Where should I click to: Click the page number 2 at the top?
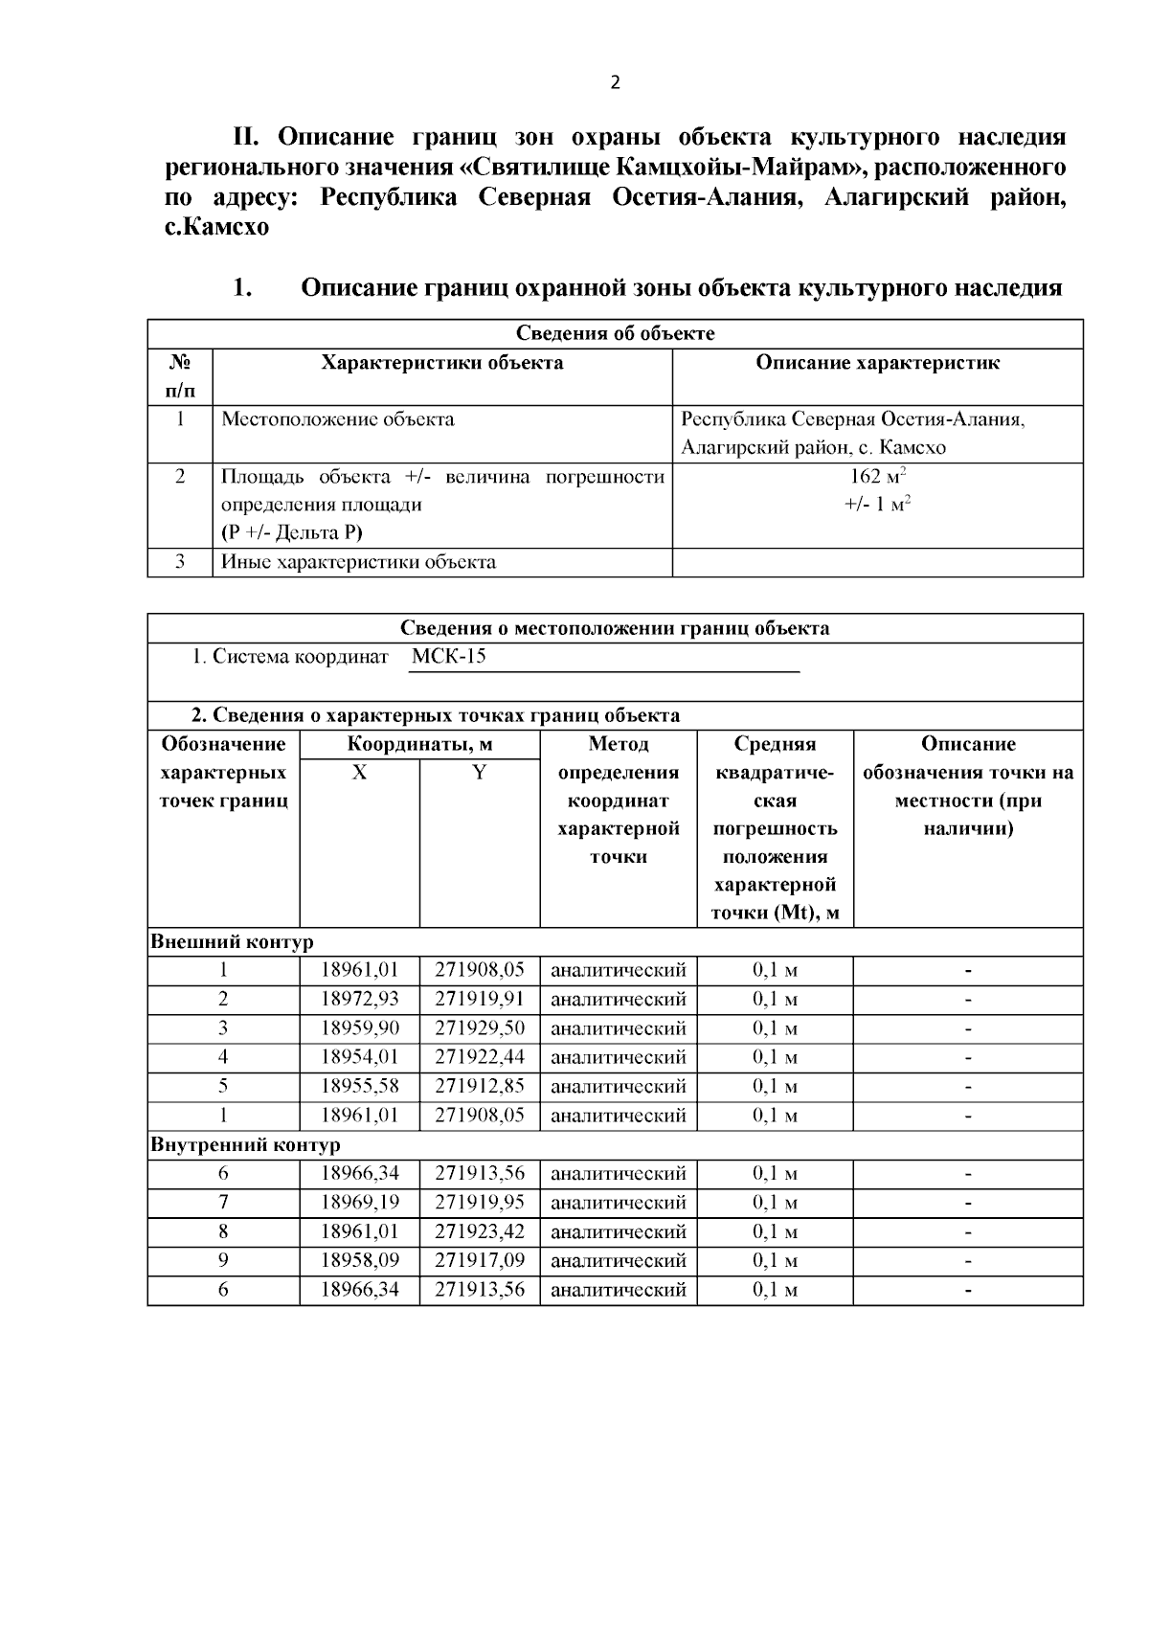tap(615, 82)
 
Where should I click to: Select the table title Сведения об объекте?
tap(615, 333)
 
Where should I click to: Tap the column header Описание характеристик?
tap(877, 363)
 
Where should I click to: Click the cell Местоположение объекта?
tap(338, 419)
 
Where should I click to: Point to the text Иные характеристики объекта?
tap(358, 562)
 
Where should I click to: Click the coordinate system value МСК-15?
tap(449, 657)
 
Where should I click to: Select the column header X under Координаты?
tap(359, 773)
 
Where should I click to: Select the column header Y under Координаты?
tap(480, 773)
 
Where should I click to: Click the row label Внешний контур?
tap(232, 942)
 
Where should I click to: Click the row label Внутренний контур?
tap(245, 1145)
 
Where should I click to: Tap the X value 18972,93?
tap(359, 999)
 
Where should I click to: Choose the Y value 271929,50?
tap(480, 1028)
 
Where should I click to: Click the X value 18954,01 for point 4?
tap(359, 1057)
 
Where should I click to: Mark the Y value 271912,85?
tap(480, 1087)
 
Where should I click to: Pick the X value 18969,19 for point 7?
tap(359, 1203)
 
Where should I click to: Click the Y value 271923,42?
tap(480, 1231)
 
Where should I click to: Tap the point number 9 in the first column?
tap(223, 1261)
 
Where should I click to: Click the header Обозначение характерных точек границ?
tap(223, 773)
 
